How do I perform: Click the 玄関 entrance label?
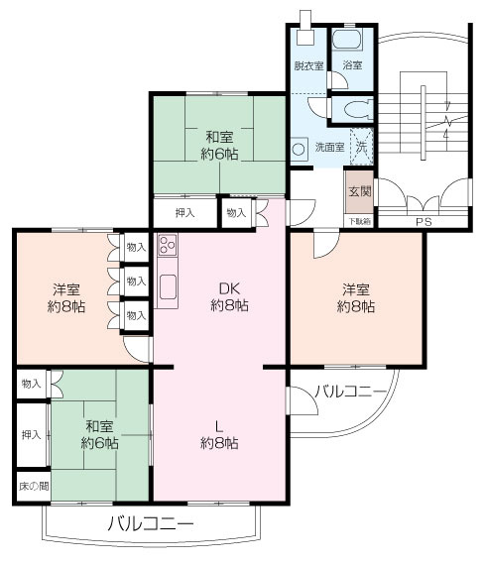coord(360,191)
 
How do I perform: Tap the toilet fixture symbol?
coord(357,108)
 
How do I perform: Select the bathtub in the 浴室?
coord(347,40)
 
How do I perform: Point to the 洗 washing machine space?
coord(362,147)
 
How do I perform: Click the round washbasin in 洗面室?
coord(299,149)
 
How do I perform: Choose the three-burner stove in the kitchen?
coord(168,245)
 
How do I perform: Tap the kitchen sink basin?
coord(168,286)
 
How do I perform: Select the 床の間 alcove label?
coord(34,487)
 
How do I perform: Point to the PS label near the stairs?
coord(424,222)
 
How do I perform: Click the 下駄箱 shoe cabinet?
coord(359,221)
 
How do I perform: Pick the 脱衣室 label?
coord(308,65)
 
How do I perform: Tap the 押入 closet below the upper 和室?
coord(184,213)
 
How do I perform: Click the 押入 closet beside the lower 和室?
coord(32,435)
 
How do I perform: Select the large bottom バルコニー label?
coord(151,523)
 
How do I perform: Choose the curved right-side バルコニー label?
coord(351,391)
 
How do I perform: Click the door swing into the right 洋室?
coord(326,245)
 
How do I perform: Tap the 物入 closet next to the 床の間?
coord(32,384)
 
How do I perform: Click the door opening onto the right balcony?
coord(303,400)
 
